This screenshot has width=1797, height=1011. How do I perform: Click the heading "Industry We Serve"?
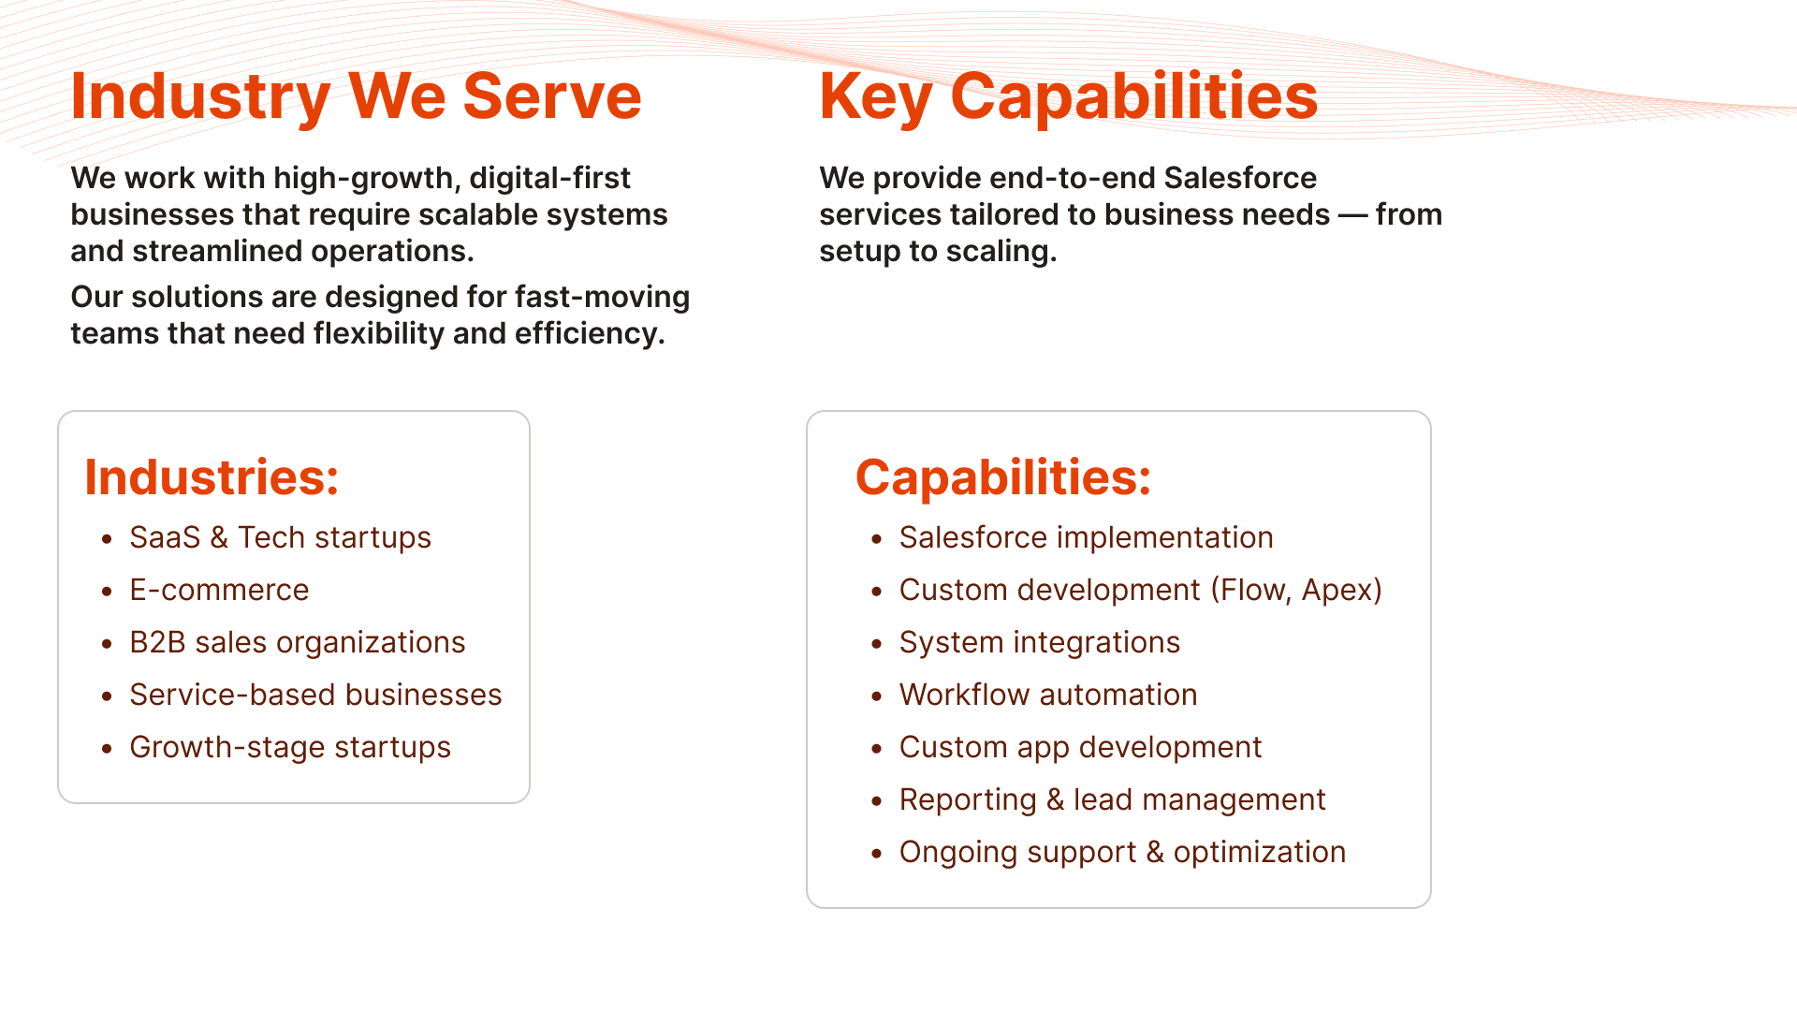click(x=356, y=96)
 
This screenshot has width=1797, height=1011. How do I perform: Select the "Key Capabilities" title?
click(x=1069, y=97)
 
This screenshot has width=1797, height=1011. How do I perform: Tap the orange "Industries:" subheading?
click(x=212, y=477)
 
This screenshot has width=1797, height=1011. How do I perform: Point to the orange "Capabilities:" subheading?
click(x=1003, y=477)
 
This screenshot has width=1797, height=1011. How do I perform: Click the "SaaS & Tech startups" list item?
click(x=280, y=537)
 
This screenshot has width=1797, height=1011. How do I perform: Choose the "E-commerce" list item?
click(x=219, y=590)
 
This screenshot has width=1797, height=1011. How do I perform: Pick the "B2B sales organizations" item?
click(x=298, y=642)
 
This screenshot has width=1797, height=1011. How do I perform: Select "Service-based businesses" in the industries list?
click(x=315, y=695)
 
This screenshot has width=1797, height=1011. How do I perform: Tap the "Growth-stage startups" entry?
click(x=290, y=747)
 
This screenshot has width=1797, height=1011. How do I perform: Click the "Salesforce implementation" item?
click(x=1086, y=537)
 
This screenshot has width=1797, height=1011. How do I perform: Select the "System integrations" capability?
click(x=1039, y=642)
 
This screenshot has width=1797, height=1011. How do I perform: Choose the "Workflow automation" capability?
click(x=1048, y=695)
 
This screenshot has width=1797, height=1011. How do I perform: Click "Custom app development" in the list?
click(x=1080, y=747)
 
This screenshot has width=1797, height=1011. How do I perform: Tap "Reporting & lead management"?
click(x=1112, y=799)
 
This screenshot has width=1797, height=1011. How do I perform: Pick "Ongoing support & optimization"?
click(x=1122, y=852)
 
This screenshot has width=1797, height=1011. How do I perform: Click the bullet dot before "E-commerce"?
click(x=108, y=592)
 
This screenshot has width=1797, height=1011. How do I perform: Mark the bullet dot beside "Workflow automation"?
click(x=877, y=696)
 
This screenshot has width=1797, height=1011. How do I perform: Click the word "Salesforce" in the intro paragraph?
click(x=1240, y=178)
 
